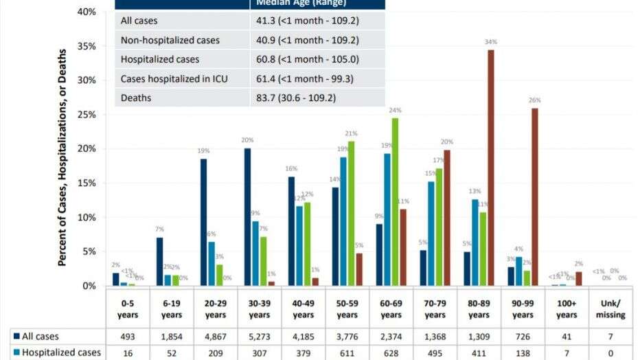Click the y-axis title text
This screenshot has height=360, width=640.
[x=62, y=157]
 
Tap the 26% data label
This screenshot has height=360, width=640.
[x=535, y=100]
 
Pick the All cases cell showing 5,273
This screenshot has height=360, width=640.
[x=260, y=337]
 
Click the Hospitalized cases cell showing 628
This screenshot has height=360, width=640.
[x=391, y=353]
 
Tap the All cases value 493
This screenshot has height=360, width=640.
[x=128, y=337]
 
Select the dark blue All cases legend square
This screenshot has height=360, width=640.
[x=16, y=337]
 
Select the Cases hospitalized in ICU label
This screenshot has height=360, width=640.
[x=174, y=79]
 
